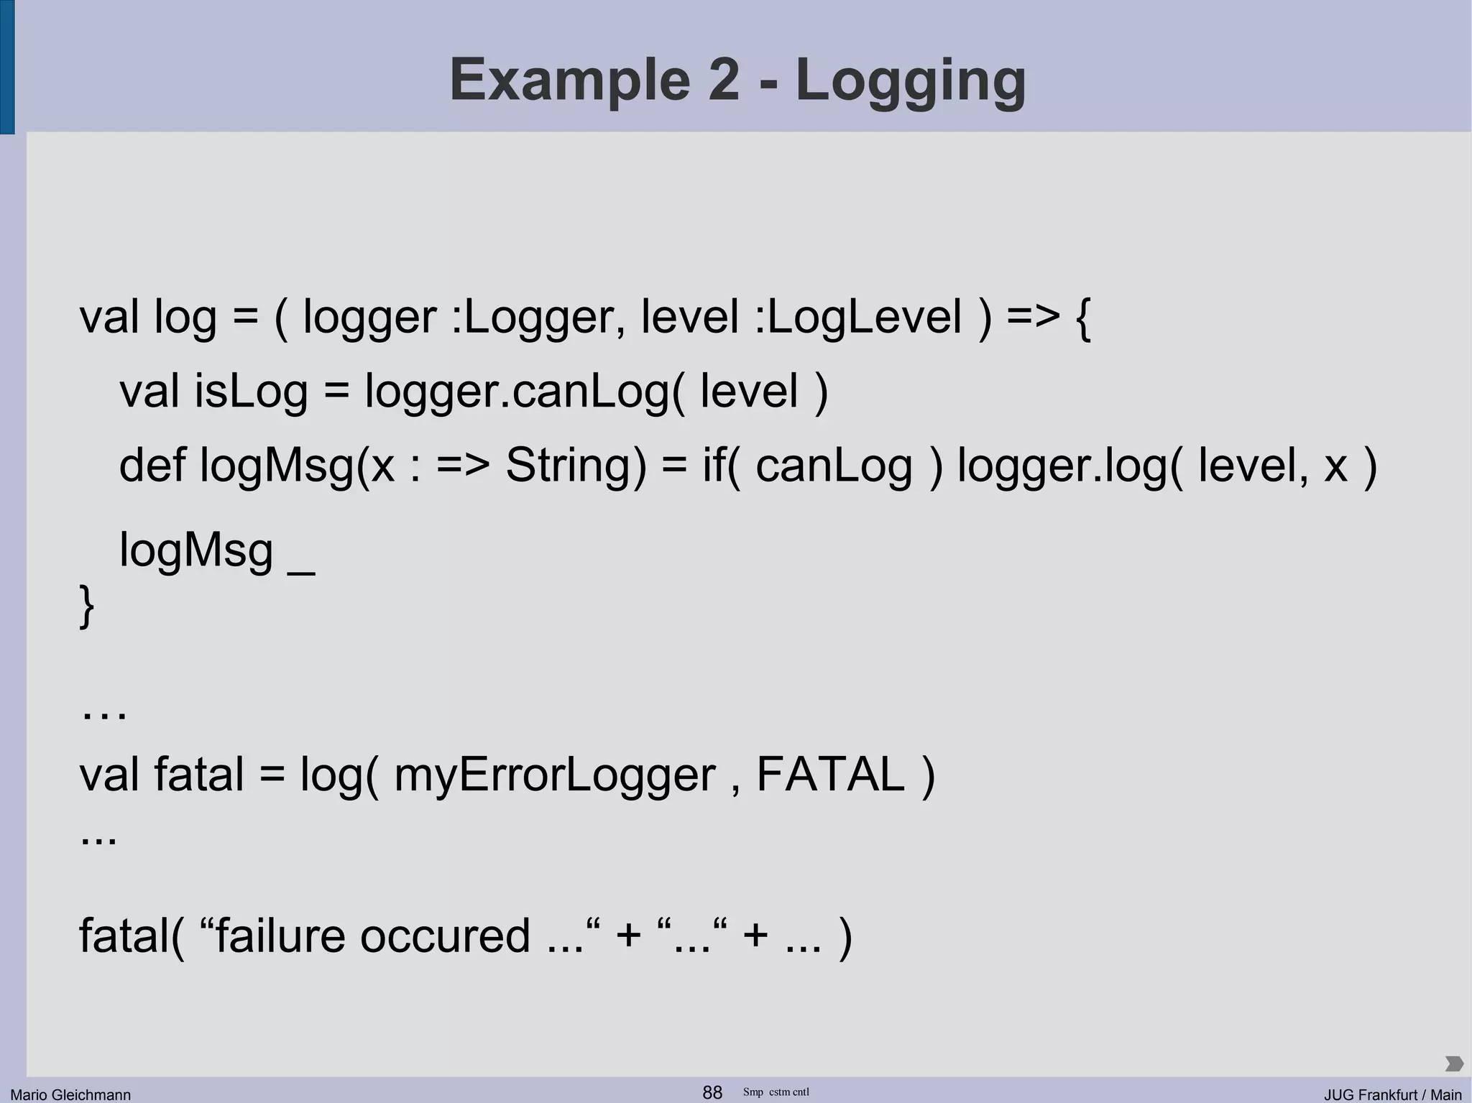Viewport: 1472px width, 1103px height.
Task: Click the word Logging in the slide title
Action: click(911, 80)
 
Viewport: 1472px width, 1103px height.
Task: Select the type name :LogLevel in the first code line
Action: click(858, 316)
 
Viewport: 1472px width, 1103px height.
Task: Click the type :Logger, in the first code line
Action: click(538, 316)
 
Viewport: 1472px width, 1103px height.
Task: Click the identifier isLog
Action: click(251, 392)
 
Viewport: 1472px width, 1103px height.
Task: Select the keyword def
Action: click(152, 465)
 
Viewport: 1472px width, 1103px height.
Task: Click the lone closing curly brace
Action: click(86, 606)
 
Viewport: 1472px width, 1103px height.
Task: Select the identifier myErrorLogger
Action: click(555, 775)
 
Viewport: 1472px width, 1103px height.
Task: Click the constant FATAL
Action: click(831, 775)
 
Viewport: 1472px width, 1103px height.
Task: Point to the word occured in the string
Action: click(445, 936)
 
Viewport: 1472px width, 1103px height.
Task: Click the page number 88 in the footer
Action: click(712, 1092)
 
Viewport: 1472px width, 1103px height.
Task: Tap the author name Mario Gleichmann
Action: click(70, 1094)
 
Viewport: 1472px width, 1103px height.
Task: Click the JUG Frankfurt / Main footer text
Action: click(1393, 1094)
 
